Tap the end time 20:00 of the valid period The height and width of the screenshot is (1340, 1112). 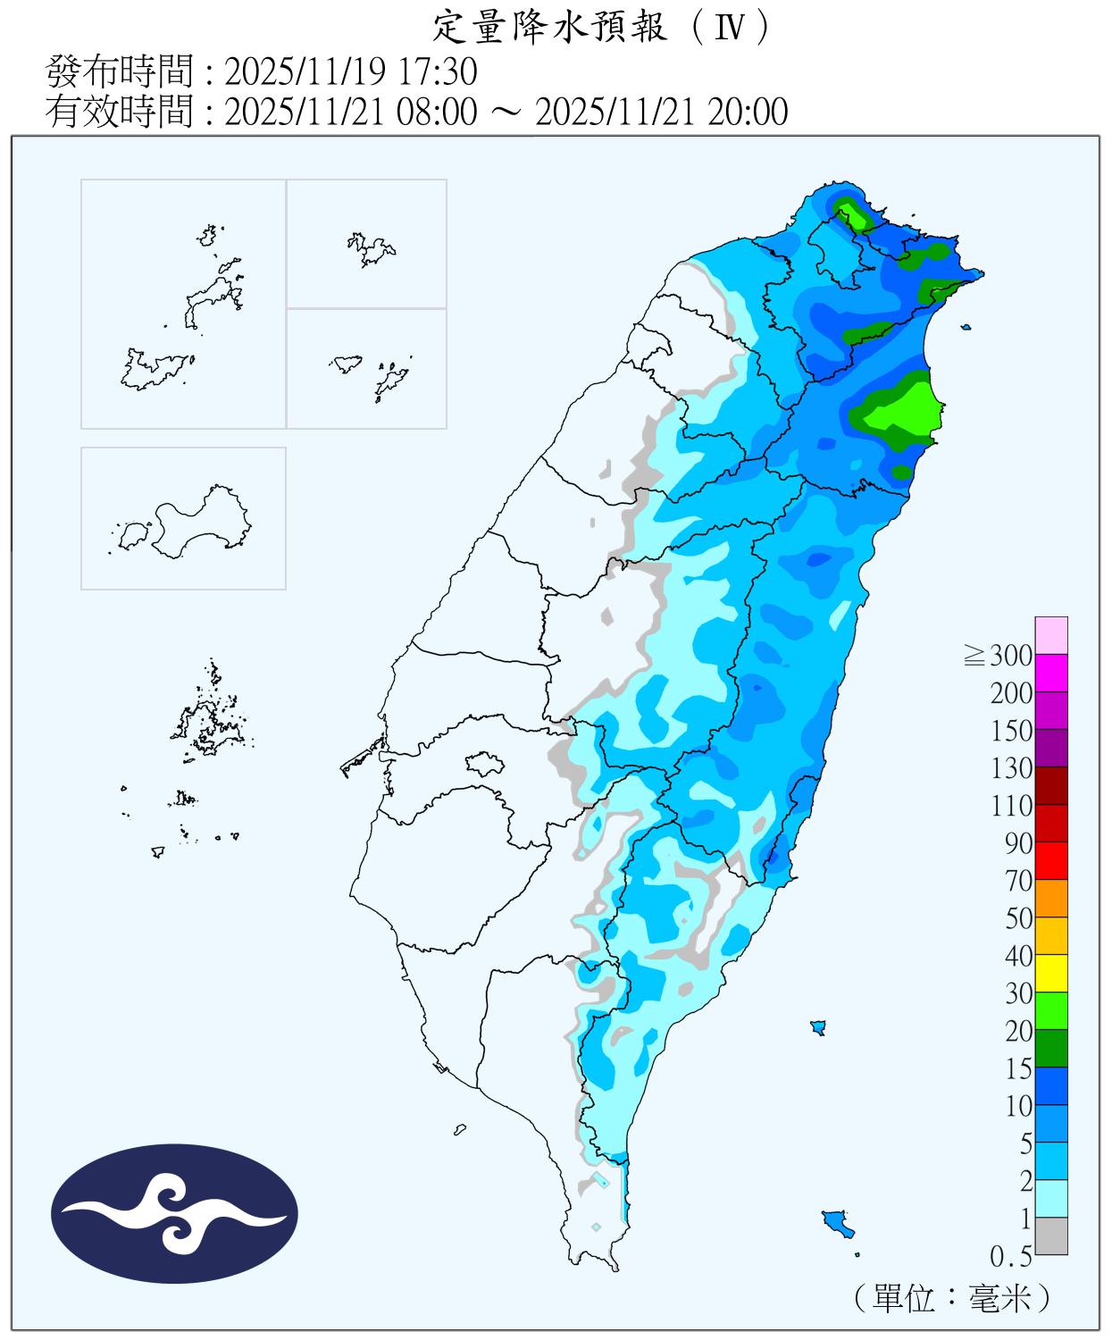click(x=748, y=113)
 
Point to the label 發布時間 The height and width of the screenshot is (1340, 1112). click(x=120, y=71)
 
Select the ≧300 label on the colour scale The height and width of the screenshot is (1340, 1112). click(x=999, y=657)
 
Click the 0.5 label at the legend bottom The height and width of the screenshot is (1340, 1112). click(x=1011, y=1257)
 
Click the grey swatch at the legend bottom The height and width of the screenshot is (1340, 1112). click(x=1051, y=1235)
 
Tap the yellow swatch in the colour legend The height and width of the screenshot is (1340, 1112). click(x=1051, y=973)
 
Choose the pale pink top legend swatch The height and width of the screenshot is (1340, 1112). click(x=1051, y=635)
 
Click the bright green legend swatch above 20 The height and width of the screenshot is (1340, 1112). click(x=1051, y=1010)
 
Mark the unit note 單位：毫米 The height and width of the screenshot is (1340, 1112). click(x=950, y=1297)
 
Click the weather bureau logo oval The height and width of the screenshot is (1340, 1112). click(x=174, y=1214)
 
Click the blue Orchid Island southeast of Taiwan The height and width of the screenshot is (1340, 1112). click(x=838, y=1222)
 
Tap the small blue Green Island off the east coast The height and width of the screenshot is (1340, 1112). click(x=817, y=1027)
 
